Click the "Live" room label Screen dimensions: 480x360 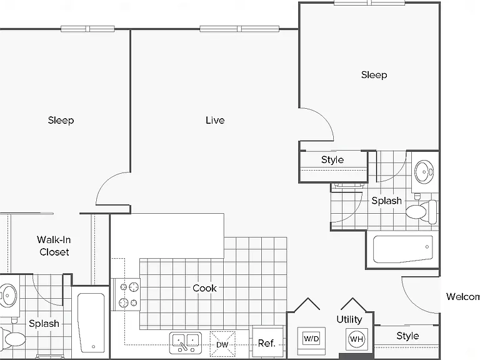tap(215, 120)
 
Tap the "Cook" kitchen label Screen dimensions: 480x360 tap(204, 288)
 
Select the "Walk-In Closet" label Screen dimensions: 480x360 tap(54, 246)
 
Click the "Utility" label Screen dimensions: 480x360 tap(349, 319)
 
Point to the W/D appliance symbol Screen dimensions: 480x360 tap(311, 339)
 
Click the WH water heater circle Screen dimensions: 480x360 tap(357, 339)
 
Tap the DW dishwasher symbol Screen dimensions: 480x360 tap(222, 344)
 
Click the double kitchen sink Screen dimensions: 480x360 tap(186, 343)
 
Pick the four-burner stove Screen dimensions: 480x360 tap(128, 295)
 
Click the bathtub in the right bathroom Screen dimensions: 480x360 tap(403, 249)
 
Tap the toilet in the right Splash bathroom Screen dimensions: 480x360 tap(421, 211)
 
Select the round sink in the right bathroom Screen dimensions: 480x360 tap(424, 172)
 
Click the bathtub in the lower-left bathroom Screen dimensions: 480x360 tap(91, 323)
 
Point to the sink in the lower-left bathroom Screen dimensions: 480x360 tap(8, 296)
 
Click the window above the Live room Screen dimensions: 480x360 tap(239, 29)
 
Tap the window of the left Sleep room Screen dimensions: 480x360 tap(88, 29)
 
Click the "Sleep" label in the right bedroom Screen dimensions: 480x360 tap(374, 75)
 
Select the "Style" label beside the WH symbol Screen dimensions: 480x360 tap(407, 336)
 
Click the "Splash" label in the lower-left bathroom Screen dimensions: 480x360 tap(44, 324)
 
